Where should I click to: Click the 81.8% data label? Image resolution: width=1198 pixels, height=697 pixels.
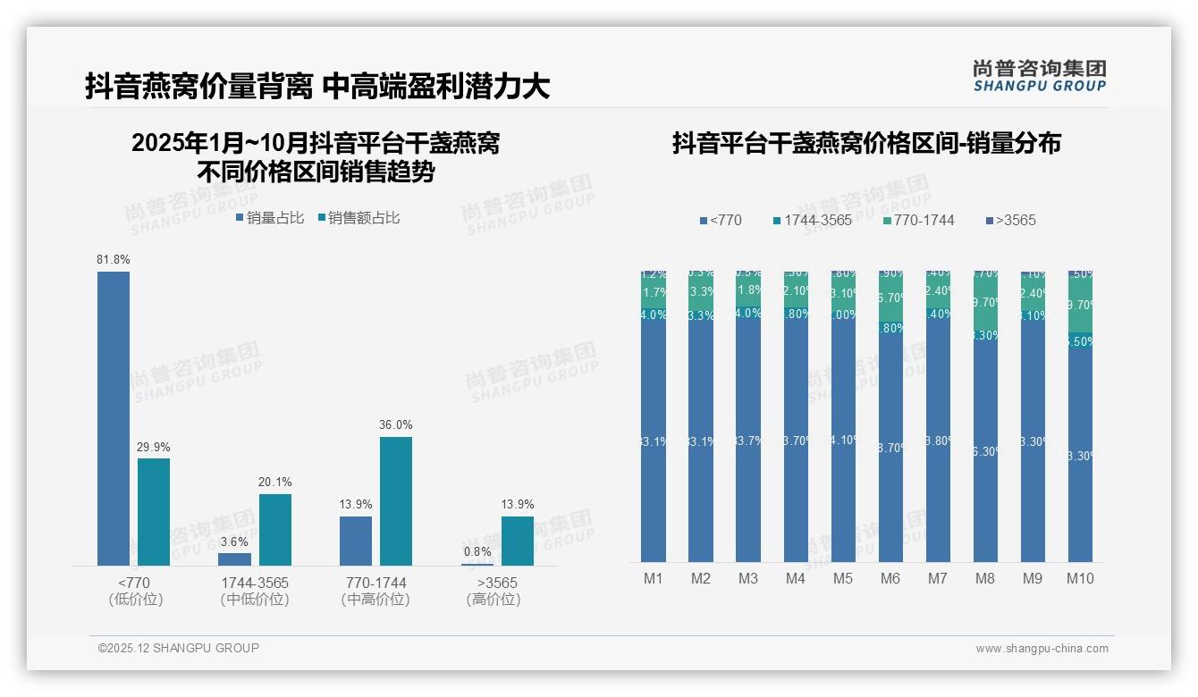pos(114,259)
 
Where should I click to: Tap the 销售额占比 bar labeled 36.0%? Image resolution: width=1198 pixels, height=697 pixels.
pos(396,500)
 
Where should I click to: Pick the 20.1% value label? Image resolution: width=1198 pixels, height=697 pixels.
pos(275,482)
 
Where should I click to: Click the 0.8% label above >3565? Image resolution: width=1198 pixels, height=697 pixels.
pos(477,551)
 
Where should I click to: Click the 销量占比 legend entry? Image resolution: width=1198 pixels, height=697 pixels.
pos(269,217)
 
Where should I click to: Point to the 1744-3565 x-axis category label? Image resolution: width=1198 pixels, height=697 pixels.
pos(255,583)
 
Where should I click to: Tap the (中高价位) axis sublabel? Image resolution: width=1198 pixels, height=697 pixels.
pos(375,600)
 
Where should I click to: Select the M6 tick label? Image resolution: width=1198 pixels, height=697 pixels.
pos(890,578)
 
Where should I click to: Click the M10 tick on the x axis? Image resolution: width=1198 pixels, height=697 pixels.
pos(1080,578)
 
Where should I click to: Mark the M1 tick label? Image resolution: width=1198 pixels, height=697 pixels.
pos(654,578)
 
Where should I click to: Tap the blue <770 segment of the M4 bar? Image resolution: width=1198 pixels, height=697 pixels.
pos(796,438)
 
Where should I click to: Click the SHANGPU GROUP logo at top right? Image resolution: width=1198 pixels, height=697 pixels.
pos(1040,76)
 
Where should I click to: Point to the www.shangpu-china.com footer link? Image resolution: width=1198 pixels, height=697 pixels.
pos(1042,649)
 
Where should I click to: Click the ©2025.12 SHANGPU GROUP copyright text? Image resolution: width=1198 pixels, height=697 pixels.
pos(179,648)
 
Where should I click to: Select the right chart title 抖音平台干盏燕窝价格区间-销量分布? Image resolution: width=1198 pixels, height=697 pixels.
pos(866,143)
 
